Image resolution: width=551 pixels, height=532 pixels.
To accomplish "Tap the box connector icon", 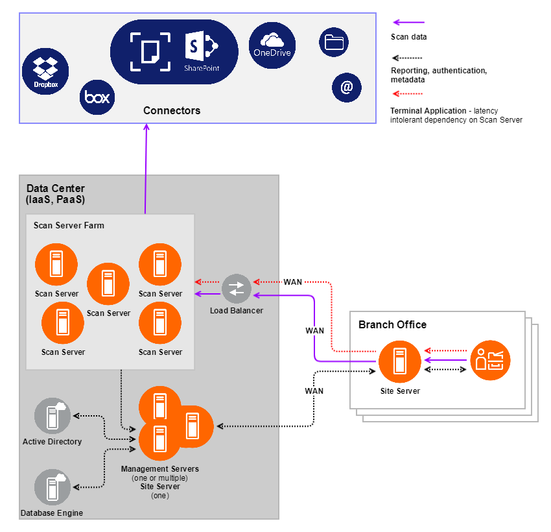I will tap(98, 98).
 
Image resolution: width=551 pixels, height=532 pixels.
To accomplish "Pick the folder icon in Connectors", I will tap(334, 43).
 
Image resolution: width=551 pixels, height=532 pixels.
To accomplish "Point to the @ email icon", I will tap(347, 87).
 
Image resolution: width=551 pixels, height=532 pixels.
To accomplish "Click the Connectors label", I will tap(172, 111).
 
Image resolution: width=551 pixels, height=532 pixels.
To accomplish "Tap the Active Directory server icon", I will tap(52, 416).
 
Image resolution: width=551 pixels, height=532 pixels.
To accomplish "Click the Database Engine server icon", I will tap(52, 487).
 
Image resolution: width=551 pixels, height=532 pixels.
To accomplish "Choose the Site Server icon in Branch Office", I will tap(399, 361).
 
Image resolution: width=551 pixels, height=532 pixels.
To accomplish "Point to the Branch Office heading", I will tap(392, 324).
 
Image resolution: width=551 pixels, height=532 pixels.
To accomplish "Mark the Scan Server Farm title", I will tap(69, 226).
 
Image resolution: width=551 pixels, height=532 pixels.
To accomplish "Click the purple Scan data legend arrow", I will tap(408, 23).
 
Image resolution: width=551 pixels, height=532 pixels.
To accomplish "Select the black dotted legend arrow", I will tap(408, 56).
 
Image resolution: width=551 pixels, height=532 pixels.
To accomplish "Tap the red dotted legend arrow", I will tap(408, 95).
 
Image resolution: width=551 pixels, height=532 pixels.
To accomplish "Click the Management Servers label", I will tap(160, 468).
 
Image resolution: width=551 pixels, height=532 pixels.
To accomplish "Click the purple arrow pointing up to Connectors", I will tap(146, 169).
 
